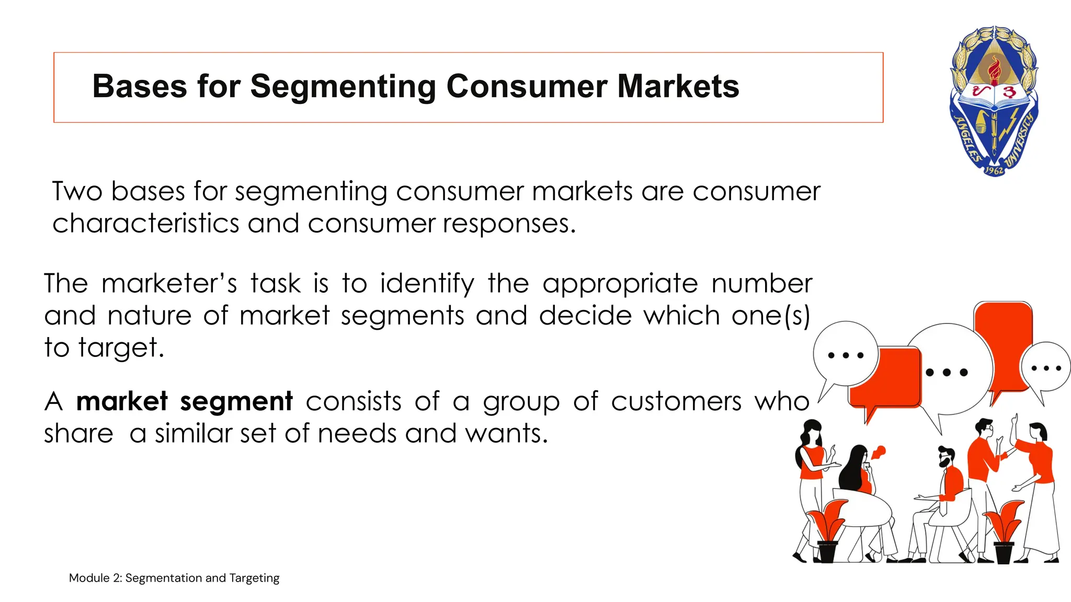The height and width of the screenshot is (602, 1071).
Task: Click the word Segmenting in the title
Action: (343, 86)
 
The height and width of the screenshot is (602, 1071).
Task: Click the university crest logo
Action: (994, 102)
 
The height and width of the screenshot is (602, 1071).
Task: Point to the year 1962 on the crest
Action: (994, 170)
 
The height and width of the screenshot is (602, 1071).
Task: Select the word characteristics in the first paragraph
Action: (145, 224)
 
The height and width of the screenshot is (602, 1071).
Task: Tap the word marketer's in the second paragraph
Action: (169, 284)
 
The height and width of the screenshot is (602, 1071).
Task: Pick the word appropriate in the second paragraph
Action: (620, 284)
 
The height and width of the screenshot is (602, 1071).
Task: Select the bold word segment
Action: (236, 401)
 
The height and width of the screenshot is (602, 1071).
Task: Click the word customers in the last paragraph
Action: (676, 401)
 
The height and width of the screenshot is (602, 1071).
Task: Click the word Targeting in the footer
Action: (254, 578)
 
